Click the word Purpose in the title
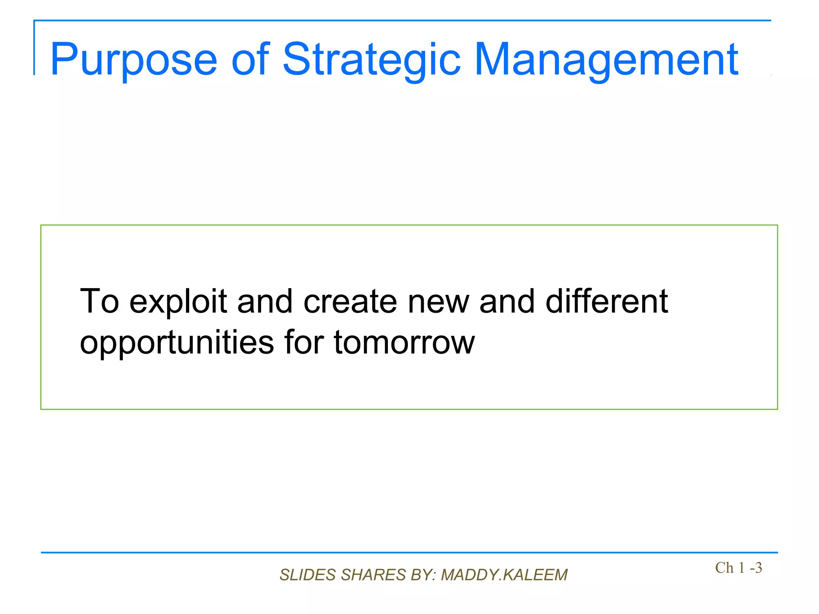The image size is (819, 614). (x=134, y=60)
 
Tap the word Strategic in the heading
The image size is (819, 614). (x=372, y=60)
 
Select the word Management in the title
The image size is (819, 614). (x=606, y=60)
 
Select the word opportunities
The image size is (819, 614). (x=177, y=343)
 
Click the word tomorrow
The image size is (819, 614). (x=404, y=343)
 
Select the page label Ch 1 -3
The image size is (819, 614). (x=738, y=568)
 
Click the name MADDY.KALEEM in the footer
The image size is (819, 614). (x=504, y=575)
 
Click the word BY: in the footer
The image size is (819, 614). (x=423, y=575)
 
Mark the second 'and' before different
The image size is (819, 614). (x=507, y=302)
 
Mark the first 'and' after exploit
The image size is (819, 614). (x=265, y=302)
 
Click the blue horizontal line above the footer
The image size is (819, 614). (x=409, y=552)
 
